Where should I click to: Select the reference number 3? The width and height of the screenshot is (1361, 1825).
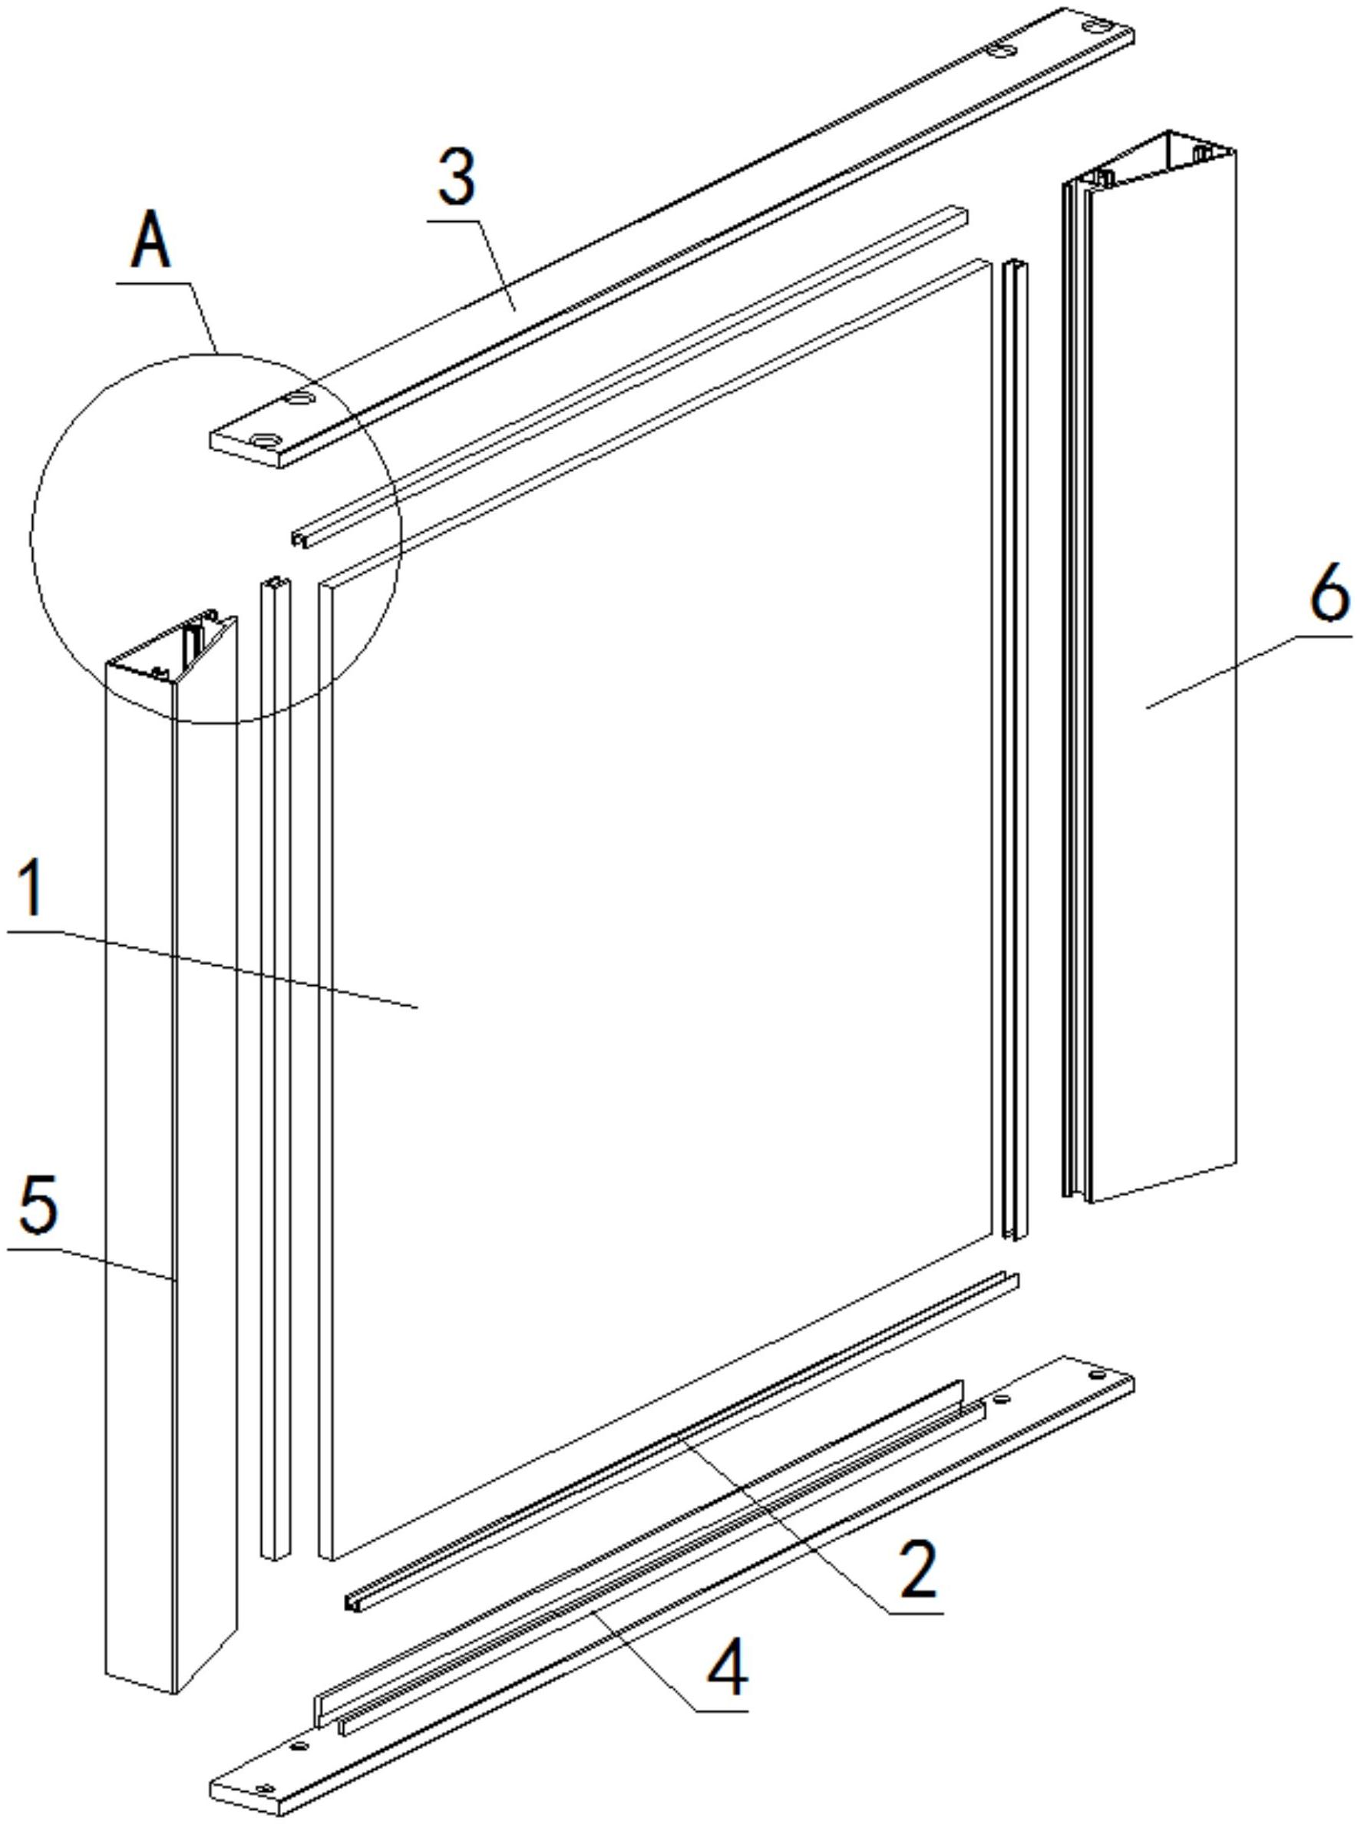click(x=457, y=177)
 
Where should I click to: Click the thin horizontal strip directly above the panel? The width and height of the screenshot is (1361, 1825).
click(x=630, y=376)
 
